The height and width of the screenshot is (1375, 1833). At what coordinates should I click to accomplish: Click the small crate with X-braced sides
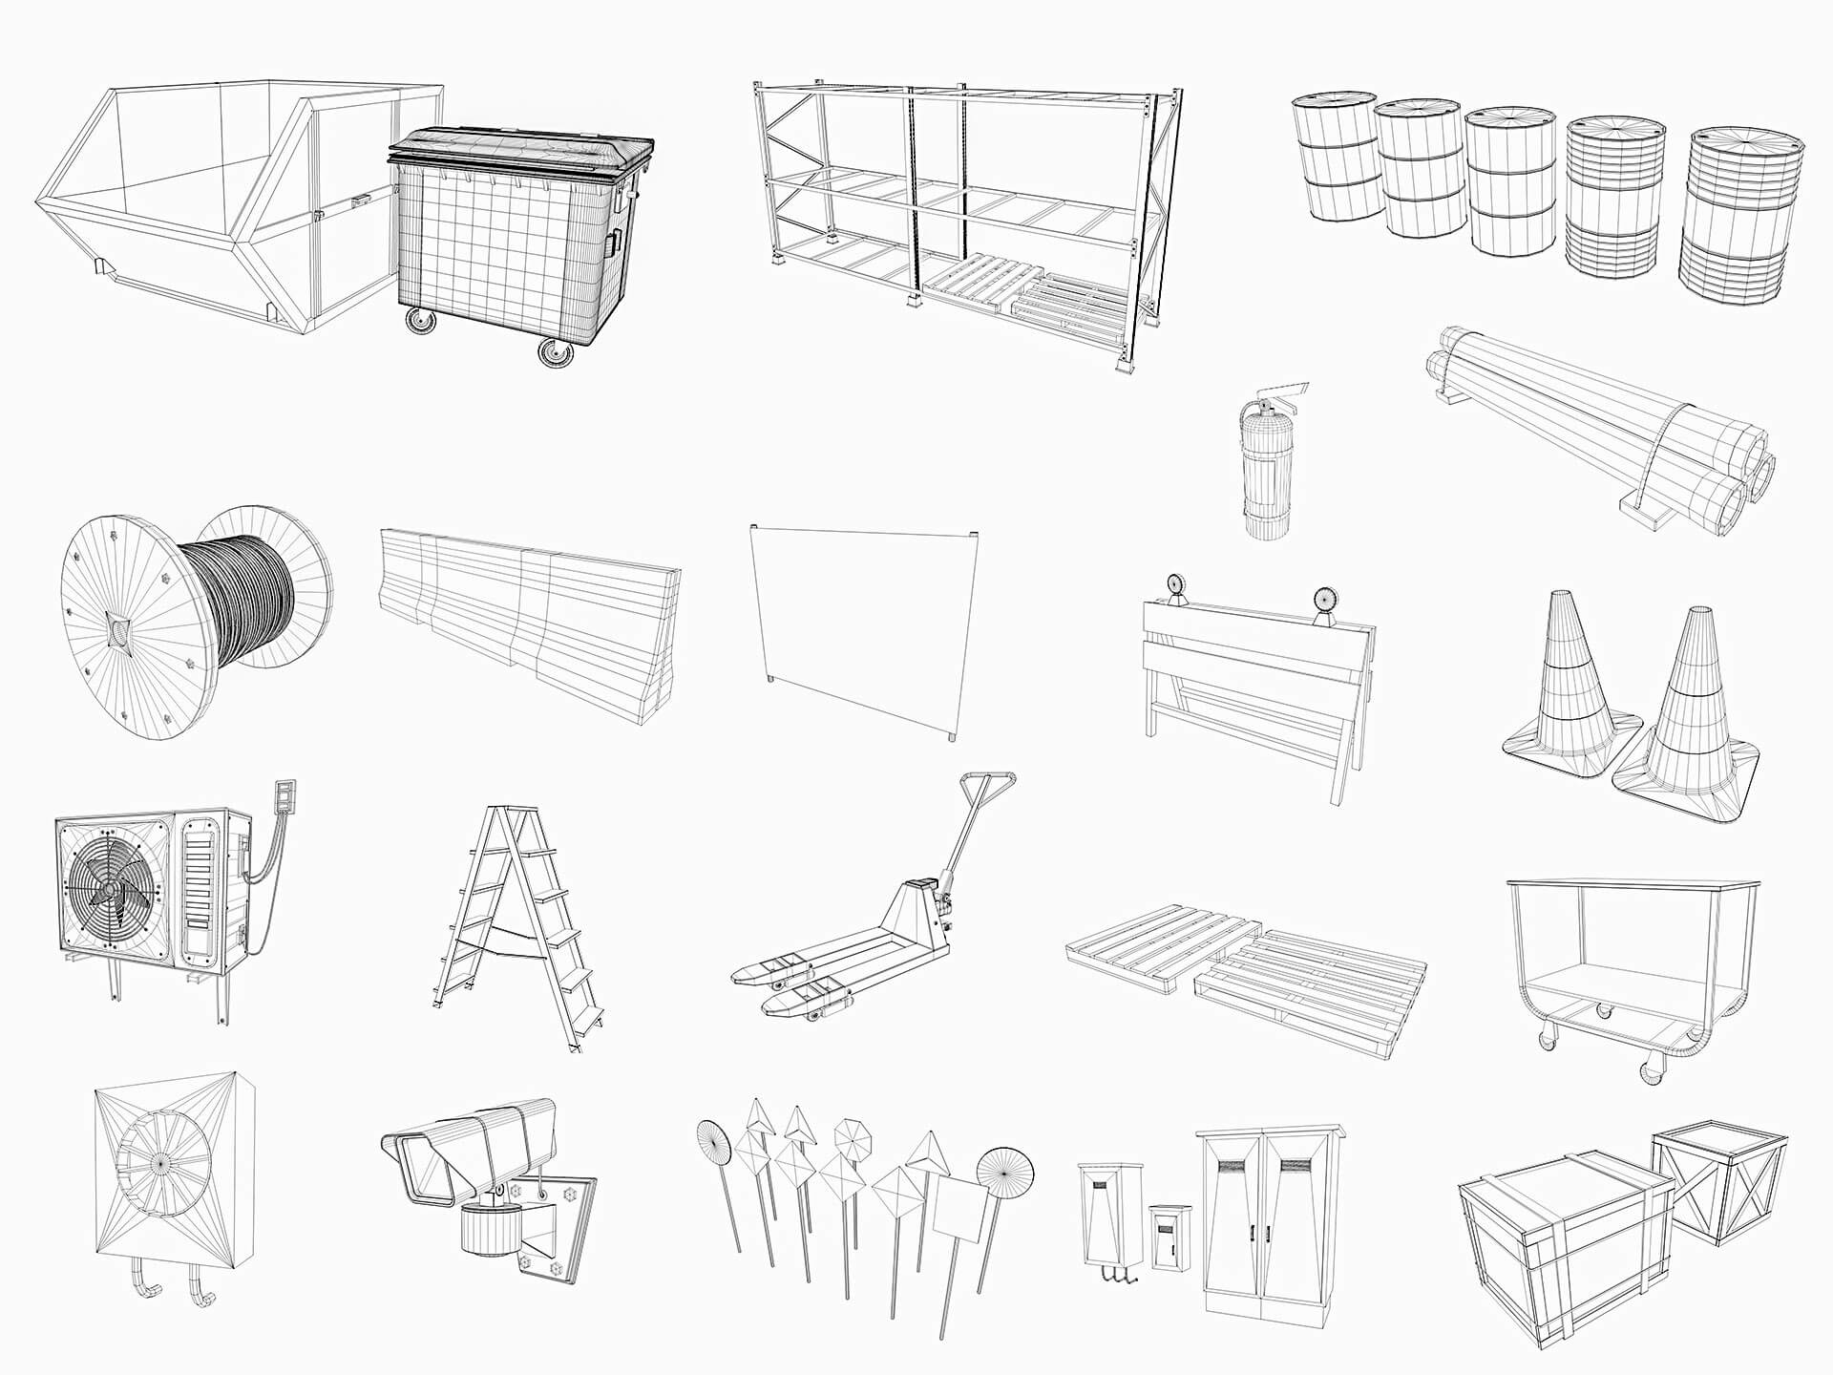(x=1718, y=1184)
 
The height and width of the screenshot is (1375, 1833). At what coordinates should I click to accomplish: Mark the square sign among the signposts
(x=958, y=1208)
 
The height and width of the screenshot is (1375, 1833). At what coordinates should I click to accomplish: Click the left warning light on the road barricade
(x=1173, y=587)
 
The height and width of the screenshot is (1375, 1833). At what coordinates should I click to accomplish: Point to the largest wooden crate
(x=1566, y=1260)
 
